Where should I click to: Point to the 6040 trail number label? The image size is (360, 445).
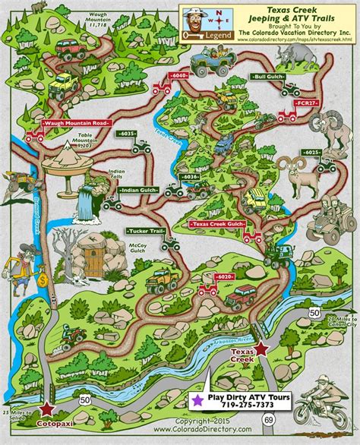179,76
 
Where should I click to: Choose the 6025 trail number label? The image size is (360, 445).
311,153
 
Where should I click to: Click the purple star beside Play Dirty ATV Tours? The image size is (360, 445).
197,398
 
